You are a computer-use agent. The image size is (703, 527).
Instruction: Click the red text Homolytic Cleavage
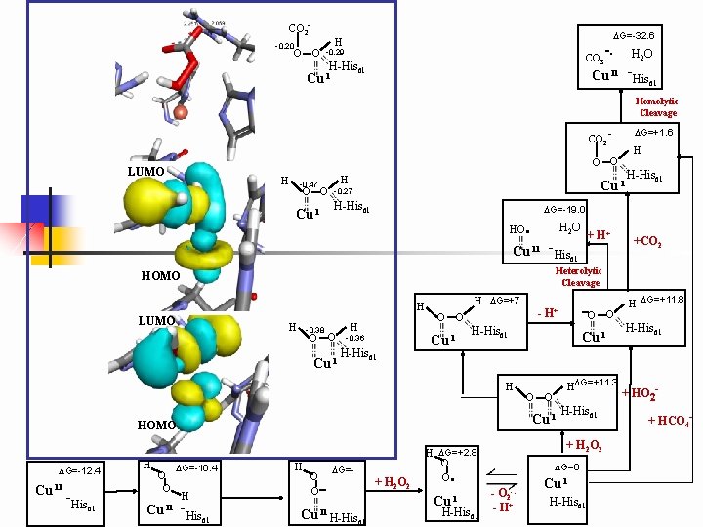(x=656, y=106)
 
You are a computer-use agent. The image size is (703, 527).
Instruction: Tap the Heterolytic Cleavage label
(x=580, y=276)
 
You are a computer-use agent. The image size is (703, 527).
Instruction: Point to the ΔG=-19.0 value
(x=565, y=209)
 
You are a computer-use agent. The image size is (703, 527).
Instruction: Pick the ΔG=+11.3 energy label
(x=598, y=381)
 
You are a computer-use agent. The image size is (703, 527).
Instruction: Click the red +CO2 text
(x=647, y=241)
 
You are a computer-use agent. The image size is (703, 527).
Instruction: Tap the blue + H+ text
(x=598, y=235)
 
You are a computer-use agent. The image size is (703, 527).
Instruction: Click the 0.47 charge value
(x=310, y=183)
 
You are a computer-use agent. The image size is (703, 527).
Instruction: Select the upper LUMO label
(x=147, y=172)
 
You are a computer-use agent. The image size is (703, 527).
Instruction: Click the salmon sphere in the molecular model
(x=180, y=101)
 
